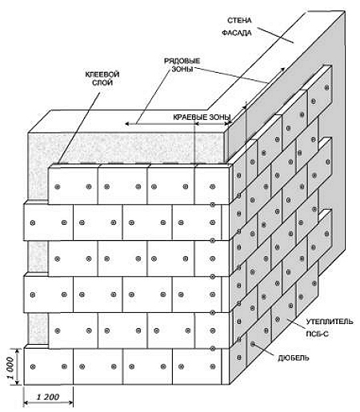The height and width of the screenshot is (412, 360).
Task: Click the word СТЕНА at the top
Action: click(x=239, y=20)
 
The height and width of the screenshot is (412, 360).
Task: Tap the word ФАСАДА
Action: click(x=237, y=33)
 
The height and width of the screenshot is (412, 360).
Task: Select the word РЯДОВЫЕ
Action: click(x=182, y=61)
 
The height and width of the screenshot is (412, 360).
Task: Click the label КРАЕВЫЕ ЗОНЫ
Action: click(x=202, y=117)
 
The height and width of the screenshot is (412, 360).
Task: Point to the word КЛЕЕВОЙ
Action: click(x=102, y=74)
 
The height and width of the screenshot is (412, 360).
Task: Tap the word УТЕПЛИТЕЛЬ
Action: click(x=330, y=322)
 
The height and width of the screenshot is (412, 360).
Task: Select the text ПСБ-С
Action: click(x=317, y=334)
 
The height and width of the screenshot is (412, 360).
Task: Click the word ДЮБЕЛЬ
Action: click(x=294, y=358)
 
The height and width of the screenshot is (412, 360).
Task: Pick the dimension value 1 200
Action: click(x=47, y=397)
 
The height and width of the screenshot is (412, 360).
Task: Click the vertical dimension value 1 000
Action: click(x=10, y=368)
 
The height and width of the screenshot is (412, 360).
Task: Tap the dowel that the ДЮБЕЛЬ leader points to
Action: click(x=253, y=344)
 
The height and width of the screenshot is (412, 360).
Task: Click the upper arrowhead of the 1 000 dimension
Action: click(x=18, y=351)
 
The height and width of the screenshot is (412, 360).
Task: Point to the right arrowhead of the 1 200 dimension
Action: click(x=70, y=402)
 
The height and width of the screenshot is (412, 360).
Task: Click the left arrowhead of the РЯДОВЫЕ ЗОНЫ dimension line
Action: click(x=127, y=123)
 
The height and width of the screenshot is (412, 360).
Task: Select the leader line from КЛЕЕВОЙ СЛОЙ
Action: click(x=79, y=128)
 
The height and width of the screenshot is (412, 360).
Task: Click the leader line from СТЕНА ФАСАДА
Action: click(x=275, y=34)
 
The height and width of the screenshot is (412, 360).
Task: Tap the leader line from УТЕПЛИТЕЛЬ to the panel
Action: click(x=296, y=323)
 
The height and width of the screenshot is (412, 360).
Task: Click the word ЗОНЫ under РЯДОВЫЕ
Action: click(x=182, y=69)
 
